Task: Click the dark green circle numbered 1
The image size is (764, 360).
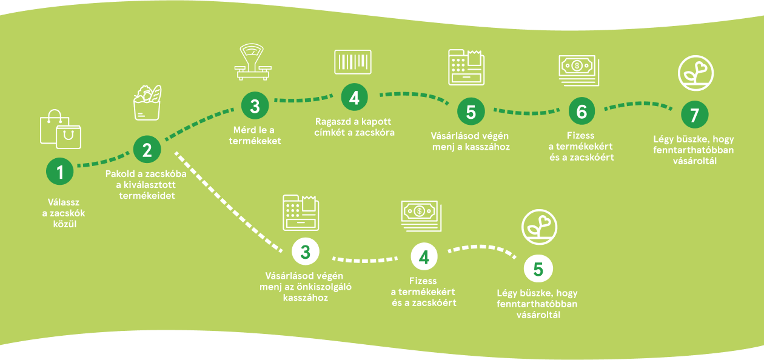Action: point(60,172)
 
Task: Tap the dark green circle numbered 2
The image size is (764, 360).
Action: point(147,149)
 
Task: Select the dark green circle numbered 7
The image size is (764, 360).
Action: point(695,115)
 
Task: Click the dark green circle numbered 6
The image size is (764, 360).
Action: point(581,112)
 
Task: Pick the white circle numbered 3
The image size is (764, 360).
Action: point(305,252)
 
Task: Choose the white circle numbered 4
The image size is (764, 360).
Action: point(424,257)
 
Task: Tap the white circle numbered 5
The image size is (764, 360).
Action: point(538,268)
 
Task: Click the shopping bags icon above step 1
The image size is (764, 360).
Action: point(60,129)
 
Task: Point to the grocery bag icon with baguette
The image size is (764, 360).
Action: point(148,103)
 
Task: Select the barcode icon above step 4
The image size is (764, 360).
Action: point(353,62)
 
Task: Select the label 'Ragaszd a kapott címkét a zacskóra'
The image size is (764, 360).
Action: point(355,127)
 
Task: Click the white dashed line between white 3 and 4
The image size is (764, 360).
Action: point(364,259)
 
